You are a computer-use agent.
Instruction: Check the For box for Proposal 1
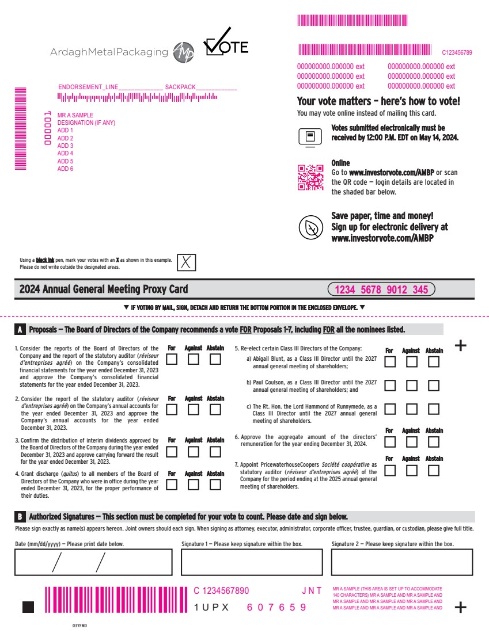(172, 360)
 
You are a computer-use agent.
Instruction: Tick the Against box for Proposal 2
(194, 410)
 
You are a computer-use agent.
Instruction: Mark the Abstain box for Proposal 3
(215, 452)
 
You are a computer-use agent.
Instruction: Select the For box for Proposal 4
(172, 485)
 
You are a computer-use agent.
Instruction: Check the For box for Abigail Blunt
(390, 362)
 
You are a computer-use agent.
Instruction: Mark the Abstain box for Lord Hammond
(434, 409)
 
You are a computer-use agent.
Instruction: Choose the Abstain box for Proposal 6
(434, 442)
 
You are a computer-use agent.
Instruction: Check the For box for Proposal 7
(390, 470)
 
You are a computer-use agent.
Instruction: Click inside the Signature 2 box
(402, 562)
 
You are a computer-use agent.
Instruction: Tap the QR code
(310, 177)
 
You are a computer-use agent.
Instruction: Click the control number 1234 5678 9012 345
(381, 289)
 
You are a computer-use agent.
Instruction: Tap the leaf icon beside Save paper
(310, 227)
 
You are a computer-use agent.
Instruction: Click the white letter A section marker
(20, 330)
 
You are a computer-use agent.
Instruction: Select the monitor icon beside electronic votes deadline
(310, 137)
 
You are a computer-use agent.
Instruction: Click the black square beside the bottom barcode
(28, 607)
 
